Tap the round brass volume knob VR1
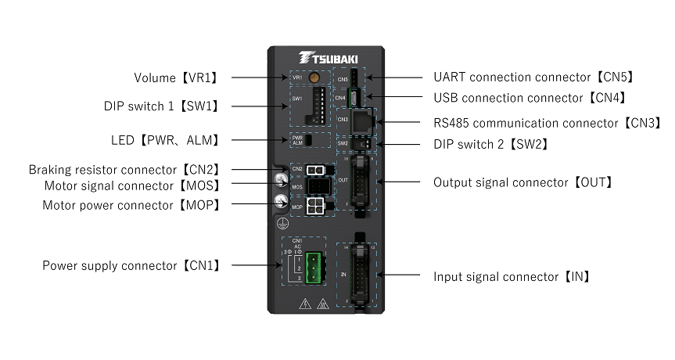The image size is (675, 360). [x=313, y=78]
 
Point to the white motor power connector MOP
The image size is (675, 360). [x=316, y=206]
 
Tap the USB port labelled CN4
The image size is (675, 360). [x=356, y=98]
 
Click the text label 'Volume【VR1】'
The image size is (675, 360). [x=174, y=77]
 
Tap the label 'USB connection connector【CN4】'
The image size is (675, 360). [x=530, y=98]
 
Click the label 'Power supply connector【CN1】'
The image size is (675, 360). [x=131, y=266]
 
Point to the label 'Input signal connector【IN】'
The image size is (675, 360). [x=512, y=276]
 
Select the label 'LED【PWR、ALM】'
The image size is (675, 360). [x=164, y=140]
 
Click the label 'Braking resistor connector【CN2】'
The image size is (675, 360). [x=124, y=169]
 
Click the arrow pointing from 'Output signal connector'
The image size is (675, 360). [x=403, y=182]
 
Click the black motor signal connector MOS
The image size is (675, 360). [x=316, y=187]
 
